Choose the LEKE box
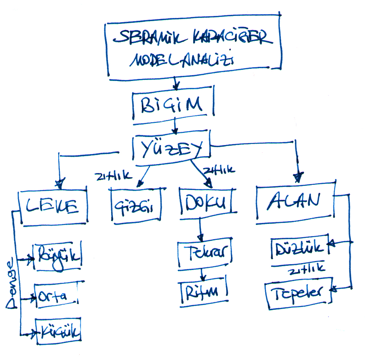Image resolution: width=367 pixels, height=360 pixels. pyautogui.click(x=53, y=207)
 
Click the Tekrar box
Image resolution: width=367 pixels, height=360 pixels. pyautogui.click(x=204, y=254)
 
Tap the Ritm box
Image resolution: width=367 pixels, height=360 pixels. pyautogui.click(x=204, y=291)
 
